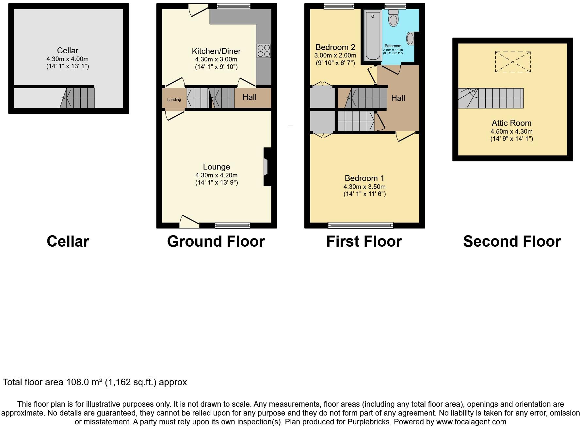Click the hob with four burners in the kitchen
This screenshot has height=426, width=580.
point(264,51)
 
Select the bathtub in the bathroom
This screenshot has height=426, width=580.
point(372,35)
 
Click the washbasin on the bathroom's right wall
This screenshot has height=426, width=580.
point(411,39)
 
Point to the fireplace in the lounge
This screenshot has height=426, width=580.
point(266,167)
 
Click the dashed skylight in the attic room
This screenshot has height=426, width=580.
point(513,62)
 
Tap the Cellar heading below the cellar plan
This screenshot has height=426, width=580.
point(68,242)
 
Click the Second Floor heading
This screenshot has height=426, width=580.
point(512,242)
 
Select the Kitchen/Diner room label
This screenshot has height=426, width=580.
point(216,51)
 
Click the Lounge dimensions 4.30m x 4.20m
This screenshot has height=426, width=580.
point(216,175)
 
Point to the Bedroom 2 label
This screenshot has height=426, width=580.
point(335,47)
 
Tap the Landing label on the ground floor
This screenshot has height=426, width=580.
point(174,100)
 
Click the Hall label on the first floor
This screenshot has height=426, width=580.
point(398,98)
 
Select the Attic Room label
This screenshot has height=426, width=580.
point(511,123)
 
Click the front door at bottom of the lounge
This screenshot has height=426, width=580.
point(189,222)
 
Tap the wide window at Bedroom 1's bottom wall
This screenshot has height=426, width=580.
point(361,225)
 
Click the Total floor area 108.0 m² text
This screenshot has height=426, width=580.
point(95,382)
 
